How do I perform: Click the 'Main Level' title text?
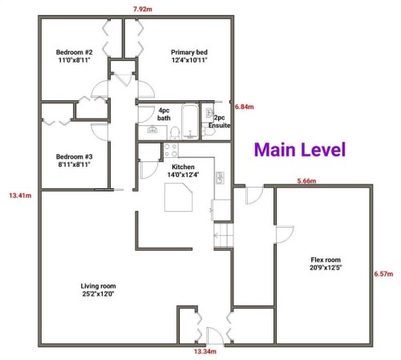tap(300, 149)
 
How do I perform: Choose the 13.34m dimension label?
tap(205, 351)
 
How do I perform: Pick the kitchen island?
tap(178, 196)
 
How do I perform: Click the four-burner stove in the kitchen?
tap(171, 149)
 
